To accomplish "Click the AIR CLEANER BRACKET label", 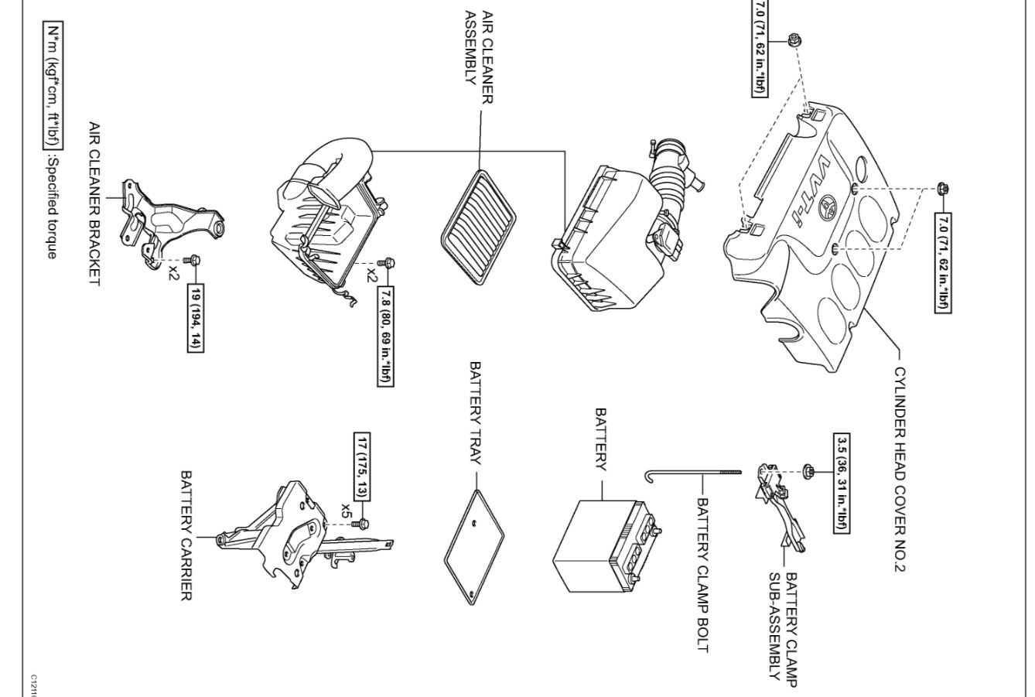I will (94, 203).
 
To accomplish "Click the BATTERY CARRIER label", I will (186, 535).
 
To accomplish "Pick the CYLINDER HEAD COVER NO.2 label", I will (899, 469).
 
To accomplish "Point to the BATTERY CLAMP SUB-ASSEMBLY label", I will (783, 627).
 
